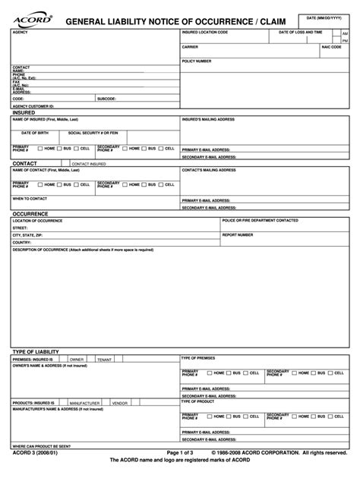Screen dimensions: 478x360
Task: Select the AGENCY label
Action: pos(21,33)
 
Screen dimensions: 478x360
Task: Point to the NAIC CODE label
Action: pos(331,46)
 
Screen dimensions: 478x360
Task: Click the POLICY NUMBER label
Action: pos(197,61)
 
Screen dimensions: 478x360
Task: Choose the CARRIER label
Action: pos(190,46)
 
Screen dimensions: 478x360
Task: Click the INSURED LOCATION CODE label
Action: pos(204,33)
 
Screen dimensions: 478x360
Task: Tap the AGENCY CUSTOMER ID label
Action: pos(33,106)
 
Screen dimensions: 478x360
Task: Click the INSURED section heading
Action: pos(24,112)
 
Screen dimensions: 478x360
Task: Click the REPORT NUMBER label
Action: pos(238,234)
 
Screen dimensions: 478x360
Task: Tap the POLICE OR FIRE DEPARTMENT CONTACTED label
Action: pos(260,220)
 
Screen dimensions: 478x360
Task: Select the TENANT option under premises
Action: pos(104,359)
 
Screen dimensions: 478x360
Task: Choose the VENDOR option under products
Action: pos(120,403)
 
